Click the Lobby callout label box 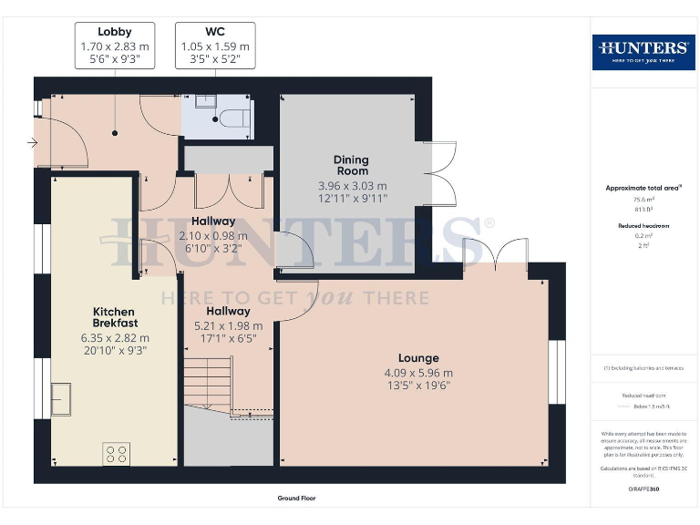[115, 46]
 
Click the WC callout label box [214, 46]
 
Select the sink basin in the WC [203, 101]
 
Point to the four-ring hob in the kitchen [117, 454]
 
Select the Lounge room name [418, 358]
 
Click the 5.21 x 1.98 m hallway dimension [227, 325]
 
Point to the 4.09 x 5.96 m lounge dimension [418, 373]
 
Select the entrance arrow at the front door [33, 142]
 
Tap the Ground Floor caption [297, 499]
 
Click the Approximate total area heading [643, 189]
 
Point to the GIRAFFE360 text [643, 489]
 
